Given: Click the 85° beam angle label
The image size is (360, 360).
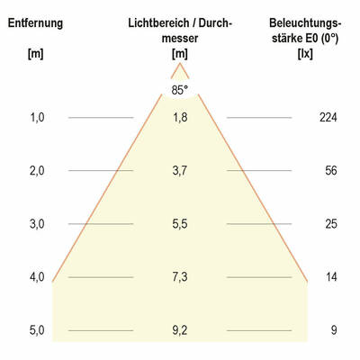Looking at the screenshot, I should [179, 89].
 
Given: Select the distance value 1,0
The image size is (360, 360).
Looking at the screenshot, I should [37, 117].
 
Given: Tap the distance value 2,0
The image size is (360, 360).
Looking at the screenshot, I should [37, 170].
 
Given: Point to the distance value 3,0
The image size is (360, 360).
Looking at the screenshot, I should [37, 223].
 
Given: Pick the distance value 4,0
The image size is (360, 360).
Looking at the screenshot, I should [37, 277].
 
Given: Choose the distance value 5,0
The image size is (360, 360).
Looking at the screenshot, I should [37, 330].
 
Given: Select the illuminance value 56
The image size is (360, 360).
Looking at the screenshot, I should [331, 170].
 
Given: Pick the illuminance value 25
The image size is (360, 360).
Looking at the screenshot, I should [331, 223].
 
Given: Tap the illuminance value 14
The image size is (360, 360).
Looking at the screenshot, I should [331, 277].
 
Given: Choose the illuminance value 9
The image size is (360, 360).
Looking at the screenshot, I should [333, 330].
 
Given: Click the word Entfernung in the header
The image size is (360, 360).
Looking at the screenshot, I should [36, 22].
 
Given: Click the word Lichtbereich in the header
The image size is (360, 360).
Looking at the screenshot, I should [157, 22].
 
